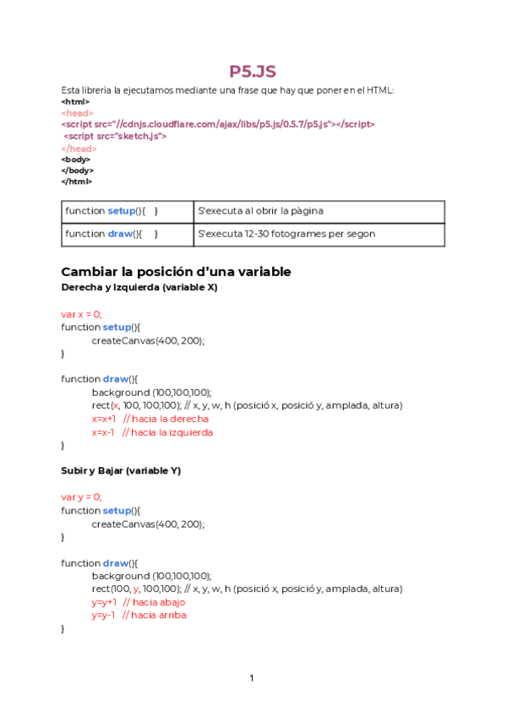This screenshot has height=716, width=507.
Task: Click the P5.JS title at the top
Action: [x=253, y=72]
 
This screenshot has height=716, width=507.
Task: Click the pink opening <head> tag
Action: [x=77, y=112]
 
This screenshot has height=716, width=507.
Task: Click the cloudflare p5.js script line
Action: [x=218, y=123]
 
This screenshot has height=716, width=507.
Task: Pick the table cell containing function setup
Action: [x=128, y=211]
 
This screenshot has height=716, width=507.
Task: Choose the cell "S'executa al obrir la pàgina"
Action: [x=319, y=211]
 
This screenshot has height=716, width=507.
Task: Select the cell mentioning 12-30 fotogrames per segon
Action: [x=319, y=234]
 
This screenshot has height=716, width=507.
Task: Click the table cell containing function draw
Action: [x=128, y=234]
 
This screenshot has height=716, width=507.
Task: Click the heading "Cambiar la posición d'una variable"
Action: [x=176, y=272]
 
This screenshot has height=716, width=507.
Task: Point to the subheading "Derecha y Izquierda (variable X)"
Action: [x=139, y=288]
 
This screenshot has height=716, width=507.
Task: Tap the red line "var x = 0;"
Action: [x=81, y=313]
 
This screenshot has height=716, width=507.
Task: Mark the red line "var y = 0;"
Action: [x=81, y=497]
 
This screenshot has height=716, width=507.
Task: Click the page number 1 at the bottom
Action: [x=252, y=678]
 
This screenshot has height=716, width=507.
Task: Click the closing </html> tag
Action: [x=77, y=181]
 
